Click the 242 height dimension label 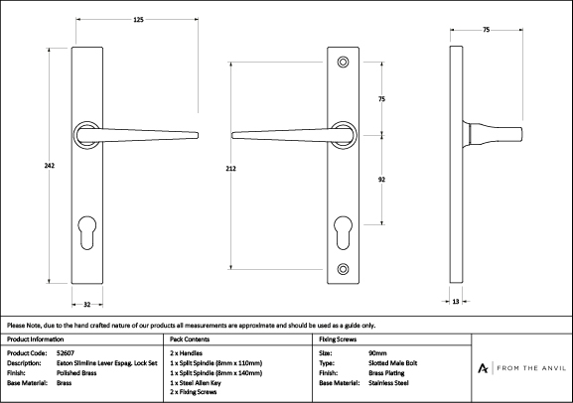(50, 166)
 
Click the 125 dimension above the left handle (138, 20)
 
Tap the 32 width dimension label (87, 305)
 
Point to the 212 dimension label (231, 169)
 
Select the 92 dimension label (381, 180)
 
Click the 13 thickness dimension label (456, 302)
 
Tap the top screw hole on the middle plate (343, 63)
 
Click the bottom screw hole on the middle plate (343, 269)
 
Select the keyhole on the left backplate (87, 233)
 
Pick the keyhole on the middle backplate (344, 233)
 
